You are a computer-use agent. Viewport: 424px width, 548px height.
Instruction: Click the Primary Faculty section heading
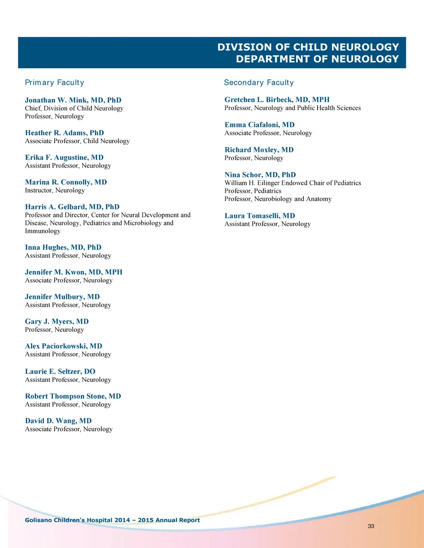point(54,82)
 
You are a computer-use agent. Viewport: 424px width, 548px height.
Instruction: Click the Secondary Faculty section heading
point(259,82)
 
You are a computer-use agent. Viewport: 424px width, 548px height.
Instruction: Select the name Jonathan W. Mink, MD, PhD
point(73,100)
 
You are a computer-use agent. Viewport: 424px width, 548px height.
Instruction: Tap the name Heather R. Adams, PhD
point(64,133)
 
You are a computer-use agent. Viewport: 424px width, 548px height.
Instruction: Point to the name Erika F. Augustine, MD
point(64,158)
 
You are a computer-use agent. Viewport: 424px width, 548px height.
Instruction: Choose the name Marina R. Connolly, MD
point(66,182)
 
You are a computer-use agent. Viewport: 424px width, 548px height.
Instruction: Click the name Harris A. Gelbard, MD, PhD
point(72,207)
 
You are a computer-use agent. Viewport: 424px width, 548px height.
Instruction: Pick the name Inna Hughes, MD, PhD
point(63,247)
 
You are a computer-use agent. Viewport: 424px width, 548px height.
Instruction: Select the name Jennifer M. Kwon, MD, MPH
point(74,272)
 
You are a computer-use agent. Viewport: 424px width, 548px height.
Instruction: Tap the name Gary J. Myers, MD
point(57,321)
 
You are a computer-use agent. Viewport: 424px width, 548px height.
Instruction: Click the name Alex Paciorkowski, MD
point(63,346)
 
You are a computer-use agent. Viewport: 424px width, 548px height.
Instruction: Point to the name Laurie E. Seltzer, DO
point(60,371)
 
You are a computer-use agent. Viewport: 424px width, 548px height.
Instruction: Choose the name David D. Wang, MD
point(58,421)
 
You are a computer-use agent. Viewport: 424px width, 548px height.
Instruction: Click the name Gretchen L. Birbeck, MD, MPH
point(277,100)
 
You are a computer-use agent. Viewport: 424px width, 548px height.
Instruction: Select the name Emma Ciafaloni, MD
point(260,125)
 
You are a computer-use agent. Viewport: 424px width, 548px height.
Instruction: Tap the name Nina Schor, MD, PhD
point(260,175)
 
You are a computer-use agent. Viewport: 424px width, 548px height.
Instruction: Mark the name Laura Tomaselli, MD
point(260,215)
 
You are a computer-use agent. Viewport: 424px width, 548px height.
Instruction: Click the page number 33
point(371,526)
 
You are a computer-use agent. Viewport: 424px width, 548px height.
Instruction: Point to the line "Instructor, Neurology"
point(55,190)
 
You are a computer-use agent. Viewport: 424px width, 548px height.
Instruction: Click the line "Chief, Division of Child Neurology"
point(74,108)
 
